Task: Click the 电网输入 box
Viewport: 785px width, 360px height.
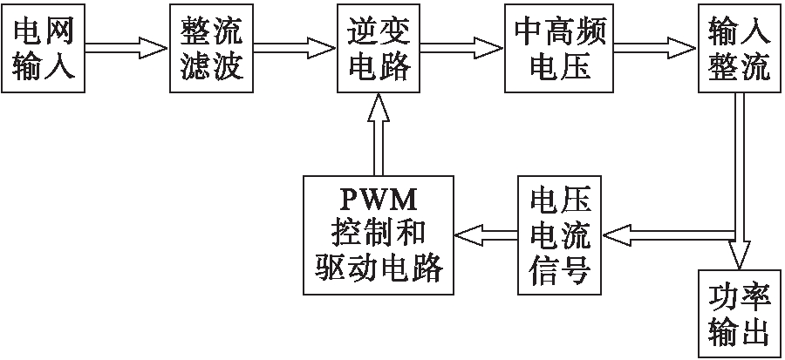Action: [x=44, y=51]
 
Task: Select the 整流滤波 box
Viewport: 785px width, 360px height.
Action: [x=212, y=51]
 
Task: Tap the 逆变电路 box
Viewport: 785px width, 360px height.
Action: [x=379, y=51]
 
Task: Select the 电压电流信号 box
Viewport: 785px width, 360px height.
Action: [x=559, y=234]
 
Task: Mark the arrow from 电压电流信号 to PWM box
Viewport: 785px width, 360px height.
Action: [x=485, y=233]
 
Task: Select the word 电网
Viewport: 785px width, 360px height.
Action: [x=44, y=32]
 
